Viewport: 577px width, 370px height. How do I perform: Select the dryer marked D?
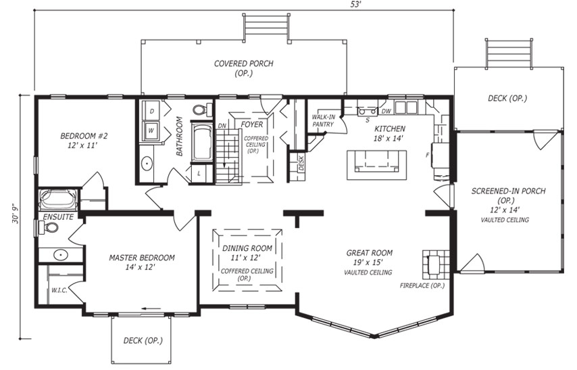(151, 110)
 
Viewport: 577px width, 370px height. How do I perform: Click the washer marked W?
(151, 131)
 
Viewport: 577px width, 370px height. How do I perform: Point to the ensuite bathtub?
(58, 200)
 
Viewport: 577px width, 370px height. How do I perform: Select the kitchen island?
(377, 164)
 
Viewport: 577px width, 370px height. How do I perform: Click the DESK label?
(301, 162)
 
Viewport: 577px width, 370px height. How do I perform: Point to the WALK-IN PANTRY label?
(324, 120)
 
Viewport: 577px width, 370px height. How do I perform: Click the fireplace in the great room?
(436, 264)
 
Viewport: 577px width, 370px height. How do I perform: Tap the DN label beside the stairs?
(222, 126)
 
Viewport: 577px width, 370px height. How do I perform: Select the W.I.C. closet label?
(59, 290)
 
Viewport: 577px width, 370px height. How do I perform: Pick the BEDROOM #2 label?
(84, 141)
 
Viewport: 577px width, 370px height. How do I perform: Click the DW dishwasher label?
(386, 111)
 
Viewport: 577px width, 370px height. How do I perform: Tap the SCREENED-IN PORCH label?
(508, 191)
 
